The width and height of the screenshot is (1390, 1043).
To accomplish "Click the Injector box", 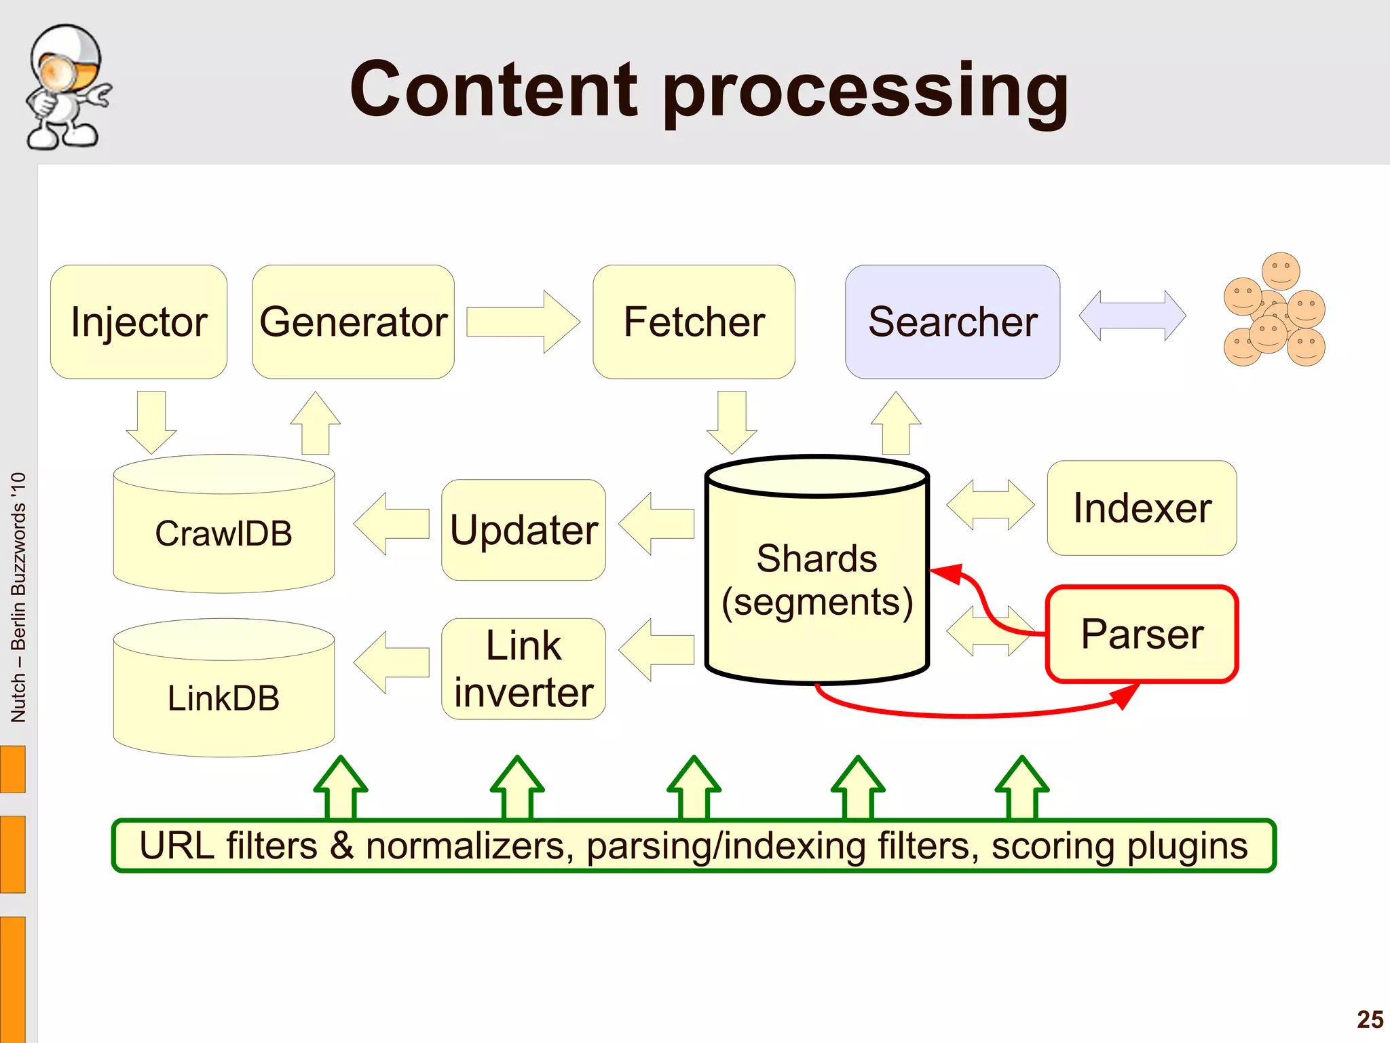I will pyautogui.click(x=138, y=322).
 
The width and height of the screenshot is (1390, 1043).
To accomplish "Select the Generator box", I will pyautogui.click(x=353, y=322).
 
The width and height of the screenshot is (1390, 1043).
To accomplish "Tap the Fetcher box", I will pyautogui.click(x=694, y=322).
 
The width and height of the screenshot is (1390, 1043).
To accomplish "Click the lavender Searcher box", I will pyautogui.click(x=952, y=322).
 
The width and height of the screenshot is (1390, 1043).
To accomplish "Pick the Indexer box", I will pyautogui.click(x=1142, y=508).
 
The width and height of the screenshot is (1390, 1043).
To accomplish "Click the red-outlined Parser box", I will pyautogui.click(x=1142, y=634).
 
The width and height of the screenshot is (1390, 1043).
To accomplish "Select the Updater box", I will pyautogui.click(x=523, y=530).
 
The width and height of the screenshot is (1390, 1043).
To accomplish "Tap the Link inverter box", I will pyautogui.click(x=523, y=668).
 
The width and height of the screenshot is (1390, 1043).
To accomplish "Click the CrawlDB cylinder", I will pyautogui.click(x=223, y=533).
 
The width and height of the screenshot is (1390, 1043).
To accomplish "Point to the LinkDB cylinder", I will pyautogui.click(x=223, y=698).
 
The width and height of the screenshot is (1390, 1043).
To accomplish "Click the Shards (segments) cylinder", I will pyautogui.click(x=816, y=580).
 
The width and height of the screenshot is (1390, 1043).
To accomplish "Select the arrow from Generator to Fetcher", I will pyautogui.click(x=523, y=322).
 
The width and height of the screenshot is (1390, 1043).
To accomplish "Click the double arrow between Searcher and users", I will pyautogui.click(x=1132, y=316).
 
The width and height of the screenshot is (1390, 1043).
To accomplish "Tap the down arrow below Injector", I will pyautogui.click(x=151, y=421).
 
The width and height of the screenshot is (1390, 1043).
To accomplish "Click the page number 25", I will pyautogui.click(x=1370, y=1019).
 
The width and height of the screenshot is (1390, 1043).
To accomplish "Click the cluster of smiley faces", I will pyautogui.click(x=1275, y=311).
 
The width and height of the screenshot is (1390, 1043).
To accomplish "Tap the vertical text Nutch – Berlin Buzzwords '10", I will pyautogui.click(x=18, y=597).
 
